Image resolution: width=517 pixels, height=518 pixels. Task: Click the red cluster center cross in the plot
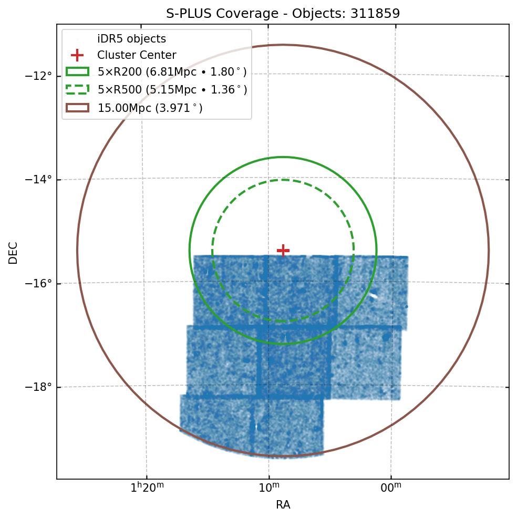point(283,250)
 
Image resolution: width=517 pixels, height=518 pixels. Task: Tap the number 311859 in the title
point(374,13)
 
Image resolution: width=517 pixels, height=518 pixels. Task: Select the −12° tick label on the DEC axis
point(38,76)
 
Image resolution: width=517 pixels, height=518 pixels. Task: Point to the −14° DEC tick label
point(38,180)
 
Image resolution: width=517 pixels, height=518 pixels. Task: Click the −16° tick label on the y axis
point(38,284)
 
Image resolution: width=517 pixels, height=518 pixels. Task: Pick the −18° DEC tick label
point(38,388)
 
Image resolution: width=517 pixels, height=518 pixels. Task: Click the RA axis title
point(283,505)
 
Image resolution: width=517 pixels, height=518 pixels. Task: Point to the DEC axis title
point(13,252)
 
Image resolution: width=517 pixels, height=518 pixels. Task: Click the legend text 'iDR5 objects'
point(131,39)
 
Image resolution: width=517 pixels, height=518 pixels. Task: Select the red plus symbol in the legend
point(77,55)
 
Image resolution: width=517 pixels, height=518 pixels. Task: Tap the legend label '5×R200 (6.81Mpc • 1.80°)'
point(172,72)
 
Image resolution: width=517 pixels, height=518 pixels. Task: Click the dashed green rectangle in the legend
point(77,90)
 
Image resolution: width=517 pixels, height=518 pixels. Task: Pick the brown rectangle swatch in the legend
point(77,108)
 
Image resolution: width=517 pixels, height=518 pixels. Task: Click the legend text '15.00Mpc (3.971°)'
point(150,108)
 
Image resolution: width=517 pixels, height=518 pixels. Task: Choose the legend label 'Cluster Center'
point(137,55)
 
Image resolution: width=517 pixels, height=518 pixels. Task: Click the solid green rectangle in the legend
point(77,72)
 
